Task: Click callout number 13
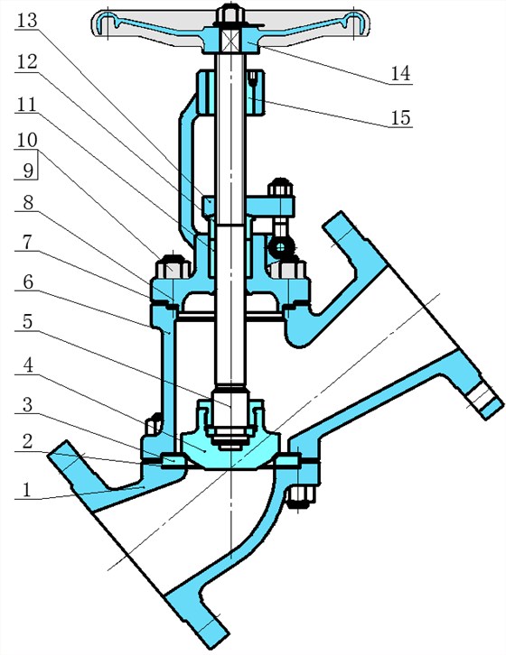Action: tap(27, 21)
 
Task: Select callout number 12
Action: tap(27, 62)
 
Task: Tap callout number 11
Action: tap(27, 104)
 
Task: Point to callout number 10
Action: tap(27, 141)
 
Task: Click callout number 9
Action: tap(28, 170)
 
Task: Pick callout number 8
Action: tap(28, 203)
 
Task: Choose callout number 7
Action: tap(28, 243)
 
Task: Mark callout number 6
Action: tap(28, 282)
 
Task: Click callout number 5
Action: tap(28, 323)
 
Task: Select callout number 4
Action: tap(28, 366)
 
